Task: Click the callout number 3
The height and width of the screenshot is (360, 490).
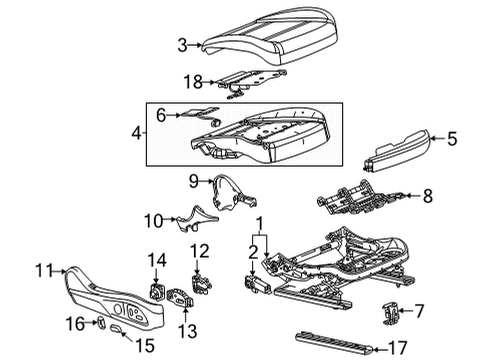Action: pyautogui.click(x=181, y=43)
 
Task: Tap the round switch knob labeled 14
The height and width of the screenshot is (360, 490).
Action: pyautogui.click(x=157, y=291)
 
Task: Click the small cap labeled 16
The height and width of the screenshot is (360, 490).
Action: pyautogui.click(x=102, y=322)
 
